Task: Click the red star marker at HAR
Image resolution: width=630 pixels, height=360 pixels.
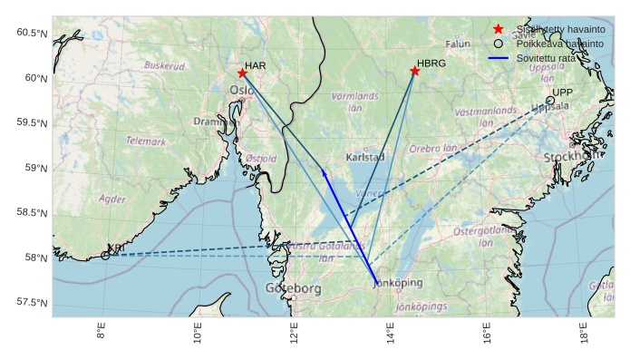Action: [242, 73]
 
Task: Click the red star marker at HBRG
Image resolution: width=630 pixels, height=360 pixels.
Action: [414, 71]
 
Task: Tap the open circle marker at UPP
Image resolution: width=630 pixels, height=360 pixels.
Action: [549, 101]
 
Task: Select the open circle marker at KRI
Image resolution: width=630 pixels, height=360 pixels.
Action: [105, 256]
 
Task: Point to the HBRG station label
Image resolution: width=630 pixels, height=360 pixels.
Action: [432, 64]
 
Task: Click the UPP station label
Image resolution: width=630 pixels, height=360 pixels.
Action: [563, 92]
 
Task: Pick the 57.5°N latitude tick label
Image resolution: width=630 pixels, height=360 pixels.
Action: [32, 302]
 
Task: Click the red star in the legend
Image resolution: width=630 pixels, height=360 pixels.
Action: [498, 29]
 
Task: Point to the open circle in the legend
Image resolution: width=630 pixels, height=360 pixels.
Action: [498, 44]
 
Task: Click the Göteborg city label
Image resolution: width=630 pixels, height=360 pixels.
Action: [293, 289]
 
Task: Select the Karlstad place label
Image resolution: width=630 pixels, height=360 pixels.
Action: [365, 157]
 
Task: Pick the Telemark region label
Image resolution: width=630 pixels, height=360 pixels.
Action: [146, 141]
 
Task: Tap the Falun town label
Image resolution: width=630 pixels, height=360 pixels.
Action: [459, 44]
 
